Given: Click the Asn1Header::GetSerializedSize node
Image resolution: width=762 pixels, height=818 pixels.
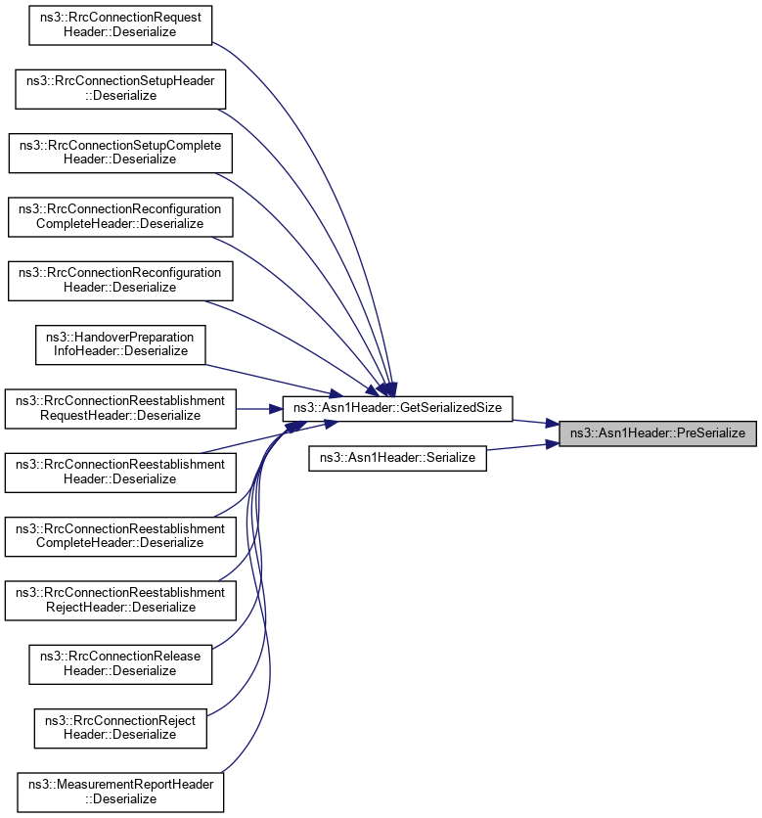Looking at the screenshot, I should (x=398, y=408).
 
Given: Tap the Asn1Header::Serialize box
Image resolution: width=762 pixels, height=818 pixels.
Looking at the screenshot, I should (x=398, y=457).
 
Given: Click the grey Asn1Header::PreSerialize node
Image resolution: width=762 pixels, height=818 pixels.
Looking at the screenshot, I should (x=657, y=432).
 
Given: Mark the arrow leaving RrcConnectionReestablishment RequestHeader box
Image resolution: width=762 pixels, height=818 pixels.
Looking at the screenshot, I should (x=259, y=408).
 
